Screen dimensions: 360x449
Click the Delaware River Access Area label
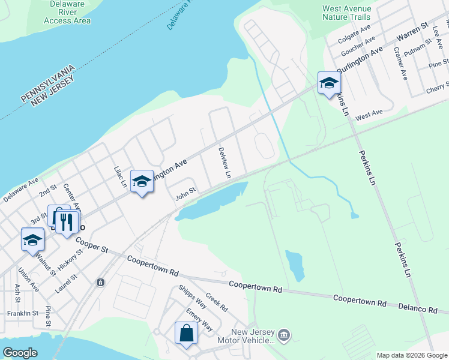(x=67, y=11)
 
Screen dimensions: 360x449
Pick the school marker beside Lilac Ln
(x=142, y=181)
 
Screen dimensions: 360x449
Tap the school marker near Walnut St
(x=32, y=240)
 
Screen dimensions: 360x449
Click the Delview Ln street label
(x=224, y=163)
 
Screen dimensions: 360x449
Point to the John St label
(x=185, y=194)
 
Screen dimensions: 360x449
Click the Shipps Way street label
(x=193, y=296)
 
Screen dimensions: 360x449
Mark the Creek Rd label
(x=216, y=302)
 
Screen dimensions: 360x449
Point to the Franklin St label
(x=22, y=313)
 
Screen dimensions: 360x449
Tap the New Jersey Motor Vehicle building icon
(x=285, y=334)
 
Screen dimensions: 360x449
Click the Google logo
(x=20, y=353)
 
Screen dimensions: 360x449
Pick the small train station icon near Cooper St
(x=100, y=281)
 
